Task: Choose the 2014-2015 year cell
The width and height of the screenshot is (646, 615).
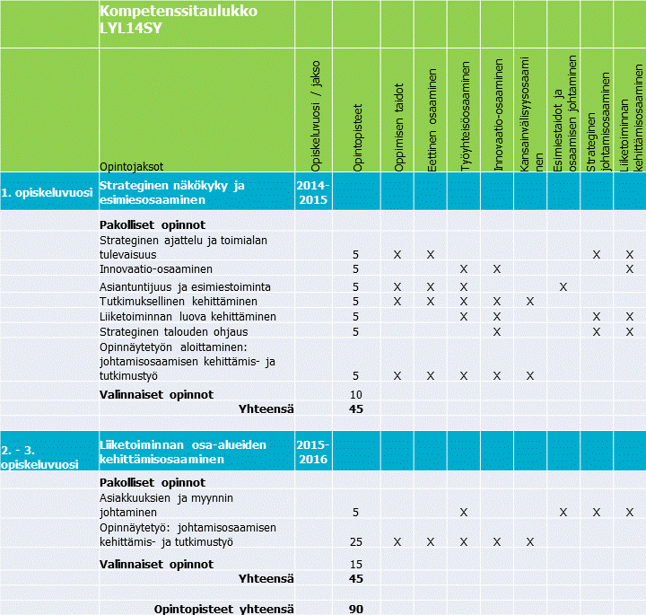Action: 313,192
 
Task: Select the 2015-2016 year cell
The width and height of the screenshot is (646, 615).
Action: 313,452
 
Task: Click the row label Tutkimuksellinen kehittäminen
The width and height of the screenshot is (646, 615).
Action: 179,301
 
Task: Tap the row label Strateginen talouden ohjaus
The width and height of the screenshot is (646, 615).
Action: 172,331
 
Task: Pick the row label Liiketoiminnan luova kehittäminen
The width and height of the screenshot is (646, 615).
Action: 188,316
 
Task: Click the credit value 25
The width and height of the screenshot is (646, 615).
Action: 355,541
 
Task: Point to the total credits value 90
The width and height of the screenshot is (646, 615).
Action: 355,610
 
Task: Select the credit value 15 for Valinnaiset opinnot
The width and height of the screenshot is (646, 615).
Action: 355,564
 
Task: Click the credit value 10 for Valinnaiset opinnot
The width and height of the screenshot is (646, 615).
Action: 355,394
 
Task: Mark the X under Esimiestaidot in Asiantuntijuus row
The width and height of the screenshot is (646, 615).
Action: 563,286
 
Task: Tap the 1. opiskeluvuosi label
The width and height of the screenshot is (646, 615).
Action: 47,192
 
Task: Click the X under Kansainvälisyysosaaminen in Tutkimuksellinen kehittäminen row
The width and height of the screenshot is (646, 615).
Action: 530,301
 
